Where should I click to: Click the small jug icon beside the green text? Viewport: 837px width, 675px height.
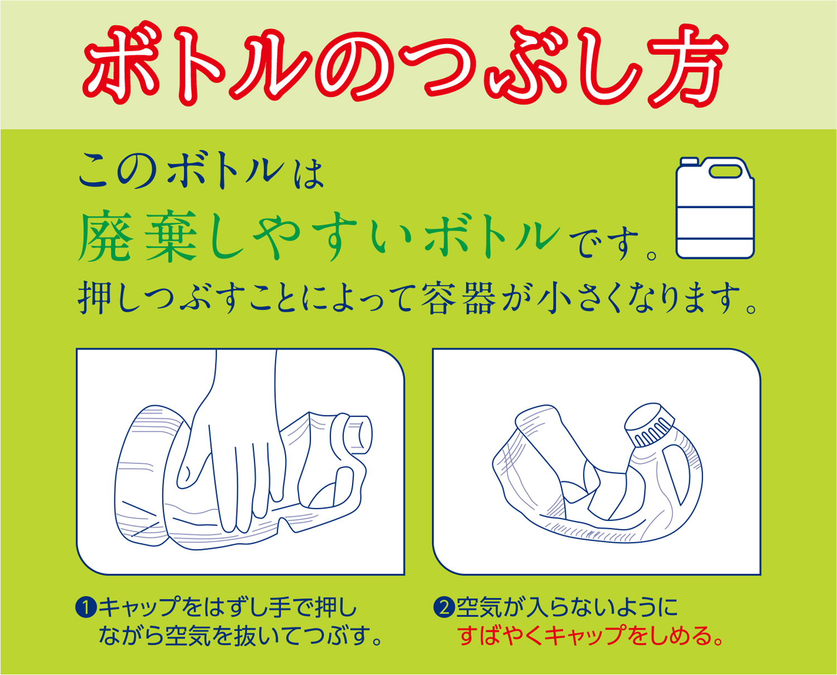click(715, 208)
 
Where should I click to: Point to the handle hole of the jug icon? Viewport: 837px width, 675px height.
click(725, 171)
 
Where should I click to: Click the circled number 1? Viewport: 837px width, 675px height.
click(85, 607)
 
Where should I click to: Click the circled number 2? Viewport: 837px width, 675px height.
click(444, 607)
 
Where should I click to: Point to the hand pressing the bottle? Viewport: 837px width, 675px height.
click(233, 448)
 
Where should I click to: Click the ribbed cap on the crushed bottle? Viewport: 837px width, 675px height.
click(649, 425)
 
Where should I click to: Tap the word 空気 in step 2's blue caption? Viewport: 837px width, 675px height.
click(479, 607)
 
